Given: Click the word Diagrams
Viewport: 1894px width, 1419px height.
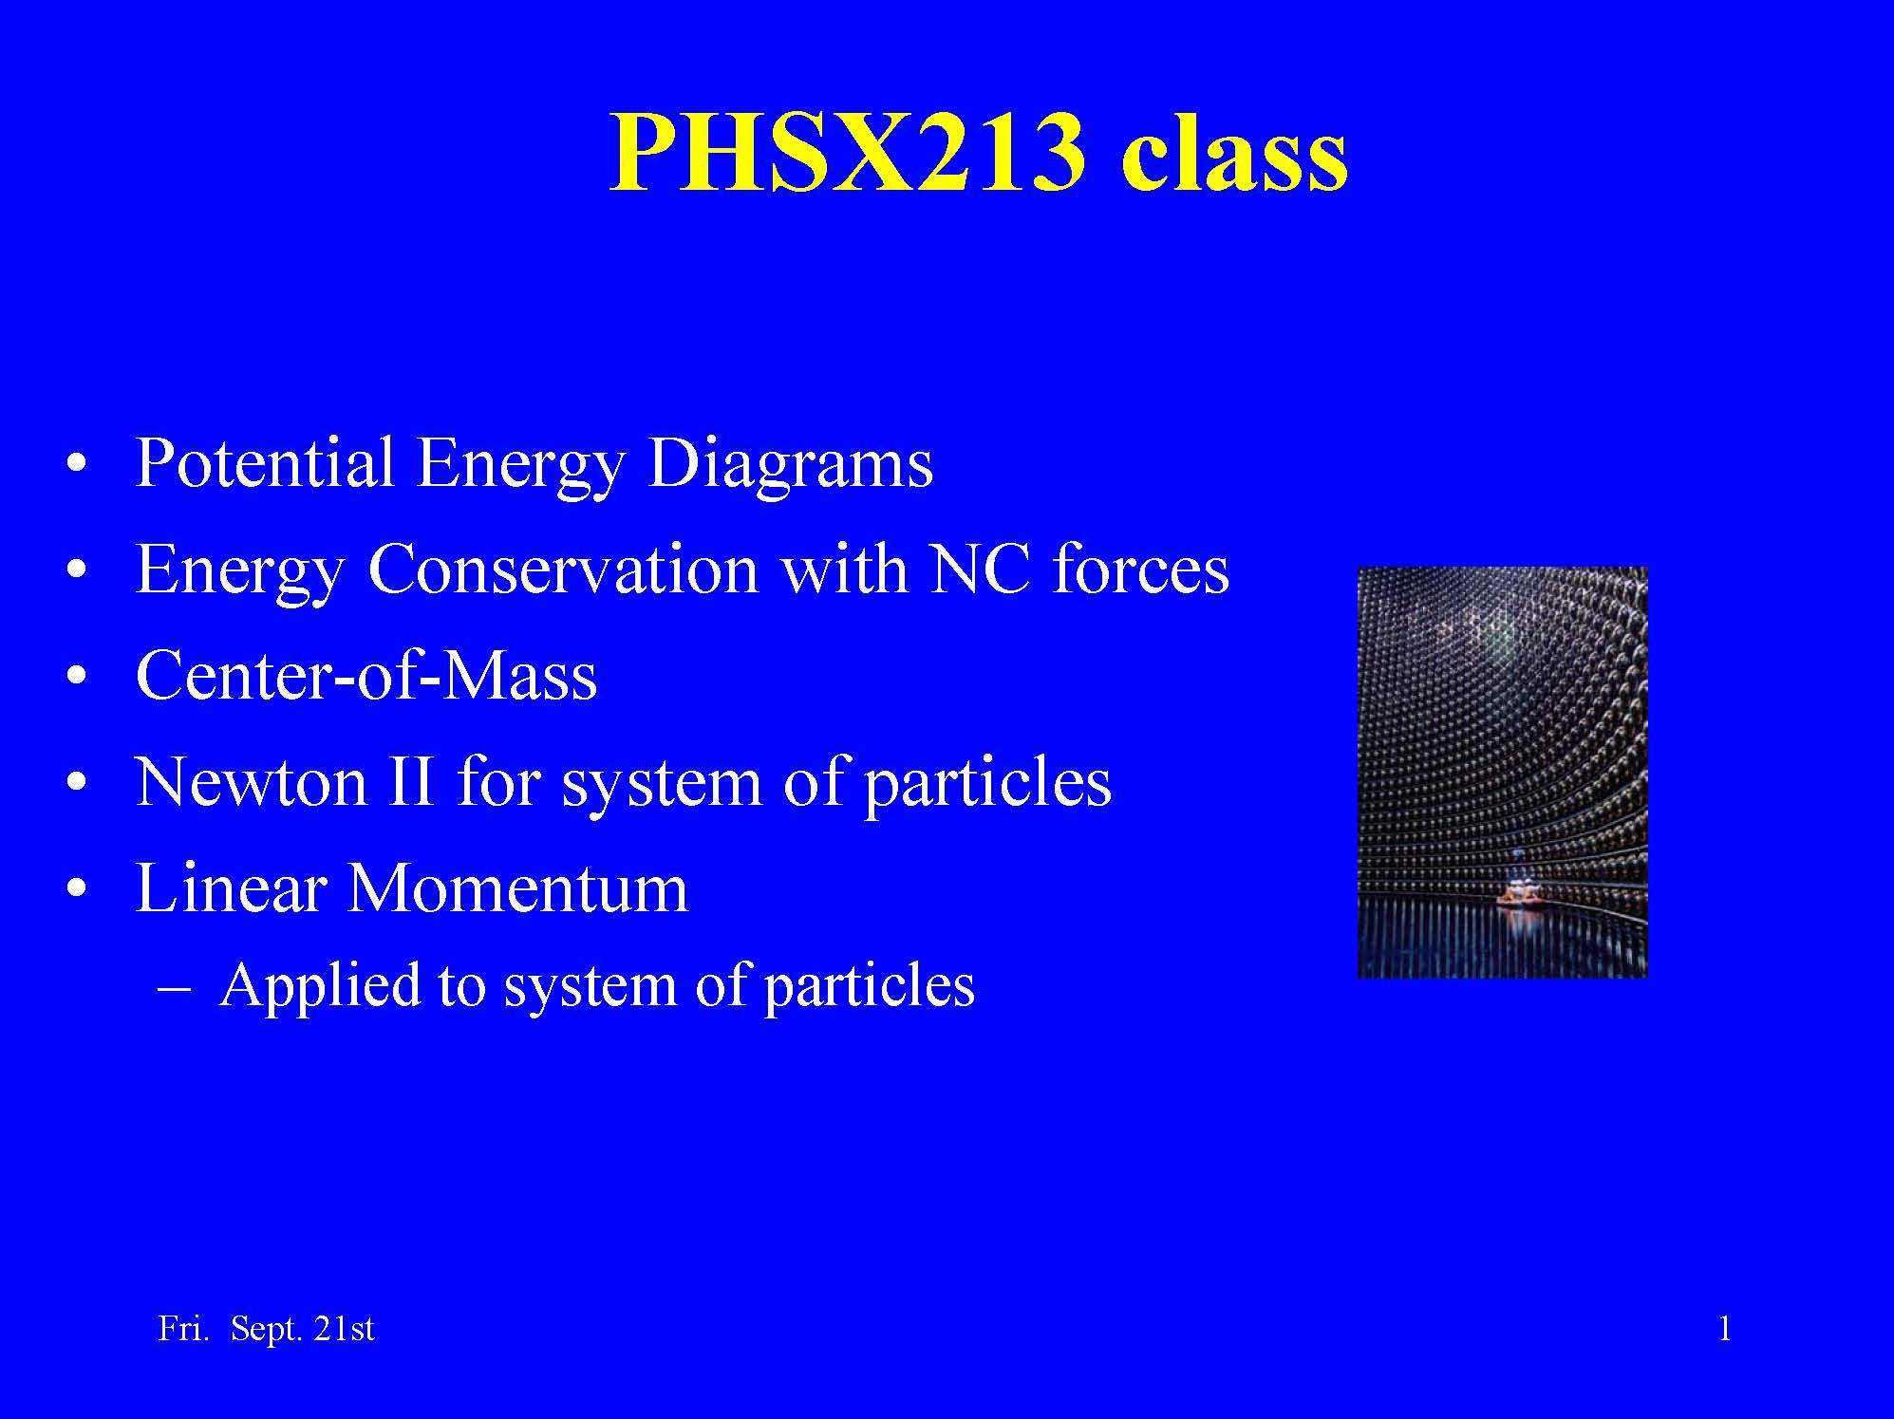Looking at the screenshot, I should [790, 465].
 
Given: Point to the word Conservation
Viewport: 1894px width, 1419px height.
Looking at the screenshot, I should [562, 569].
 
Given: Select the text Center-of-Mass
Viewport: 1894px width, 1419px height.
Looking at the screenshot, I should [366, 676].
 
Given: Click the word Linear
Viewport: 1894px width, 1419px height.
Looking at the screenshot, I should [232, 888].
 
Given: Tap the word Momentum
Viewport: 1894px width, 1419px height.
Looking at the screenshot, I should [517, 888].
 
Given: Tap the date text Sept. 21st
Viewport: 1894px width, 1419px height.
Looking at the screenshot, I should [302, 1328].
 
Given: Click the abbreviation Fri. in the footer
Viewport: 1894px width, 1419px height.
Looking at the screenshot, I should [181, 1328].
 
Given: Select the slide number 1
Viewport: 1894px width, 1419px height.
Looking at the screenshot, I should [1724, 1328].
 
